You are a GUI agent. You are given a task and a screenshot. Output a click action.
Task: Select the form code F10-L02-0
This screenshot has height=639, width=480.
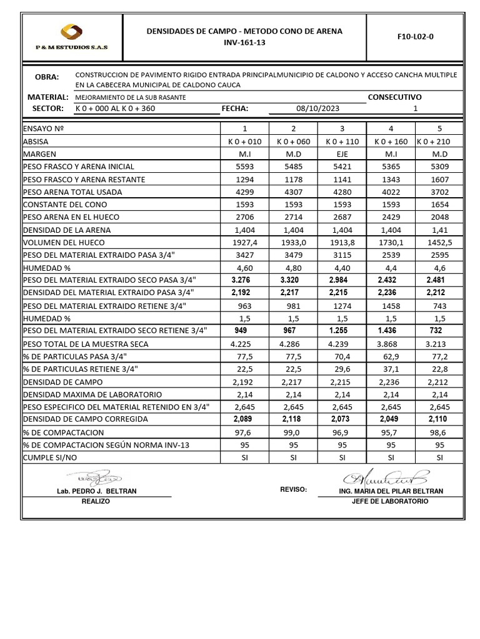click(415, 36)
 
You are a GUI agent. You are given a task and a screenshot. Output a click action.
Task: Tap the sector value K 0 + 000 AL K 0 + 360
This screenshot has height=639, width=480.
click(115, 109)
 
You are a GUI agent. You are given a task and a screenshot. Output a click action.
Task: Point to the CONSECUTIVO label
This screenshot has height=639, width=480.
click(394, 97)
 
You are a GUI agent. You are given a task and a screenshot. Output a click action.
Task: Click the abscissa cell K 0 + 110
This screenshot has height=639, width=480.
click(341, 142)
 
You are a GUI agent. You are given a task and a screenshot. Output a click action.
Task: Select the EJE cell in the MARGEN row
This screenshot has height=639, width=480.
click(341, 154)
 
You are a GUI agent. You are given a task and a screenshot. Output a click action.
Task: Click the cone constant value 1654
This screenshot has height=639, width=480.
click(439, 205)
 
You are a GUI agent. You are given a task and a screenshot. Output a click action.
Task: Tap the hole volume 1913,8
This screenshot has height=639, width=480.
click(341, 242)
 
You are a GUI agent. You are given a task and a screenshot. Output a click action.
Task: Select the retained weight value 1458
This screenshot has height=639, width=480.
click(391, 306)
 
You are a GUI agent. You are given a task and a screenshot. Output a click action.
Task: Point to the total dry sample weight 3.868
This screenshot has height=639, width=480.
click(391, 344)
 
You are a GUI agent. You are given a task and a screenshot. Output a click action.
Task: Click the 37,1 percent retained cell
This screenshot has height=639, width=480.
click(391, 369)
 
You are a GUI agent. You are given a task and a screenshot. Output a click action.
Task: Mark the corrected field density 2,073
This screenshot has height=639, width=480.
click(341, 419)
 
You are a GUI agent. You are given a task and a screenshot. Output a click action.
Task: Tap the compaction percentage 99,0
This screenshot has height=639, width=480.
click(292, 432)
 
